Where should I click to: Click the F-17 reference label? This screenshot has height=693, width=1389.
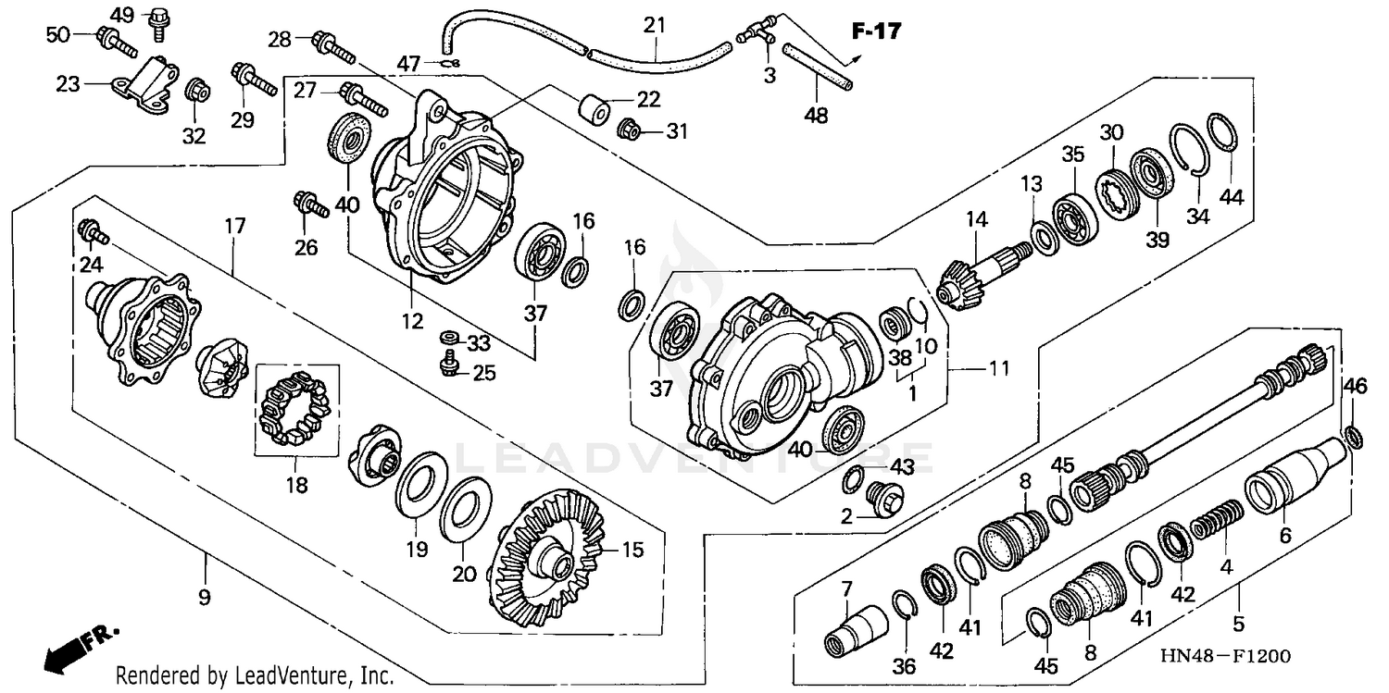[x=875, y=32]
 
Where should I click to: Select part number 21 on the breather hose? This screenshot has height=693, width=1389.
[x=655, y=25]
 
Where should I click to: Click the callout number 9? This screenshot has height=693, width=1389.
[x=204, y=598]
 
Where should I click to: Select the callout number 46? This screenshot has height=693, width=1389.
[x=1355, y=385]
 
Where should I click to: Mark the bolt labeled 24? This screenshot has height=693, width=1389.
[x=94, y=231]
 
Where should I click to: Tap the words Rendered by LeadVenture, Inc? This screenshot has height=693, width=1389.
[x=255, y=675]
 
